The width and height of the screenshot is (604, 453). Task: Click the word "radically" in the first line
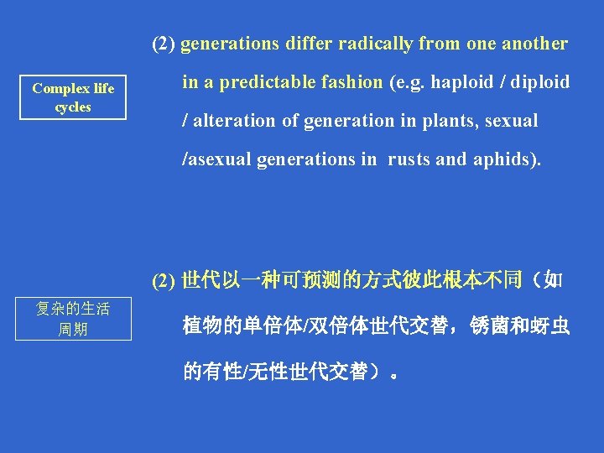pos(377,44)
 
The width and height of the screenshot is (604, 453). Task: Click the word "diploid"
pos(537,82)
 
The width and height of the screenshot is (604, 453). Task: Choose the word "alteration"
pos(236,121)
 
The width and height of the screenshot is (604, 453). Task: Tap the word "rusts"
pos(409,159)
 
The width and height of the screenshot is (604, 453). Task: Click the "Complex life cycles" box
pos(73,97)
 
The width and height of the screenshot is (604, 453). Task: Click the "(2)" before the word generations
pos(164,44)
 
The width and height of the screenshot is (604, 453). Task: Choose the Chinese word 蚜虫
pos(552,326)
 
